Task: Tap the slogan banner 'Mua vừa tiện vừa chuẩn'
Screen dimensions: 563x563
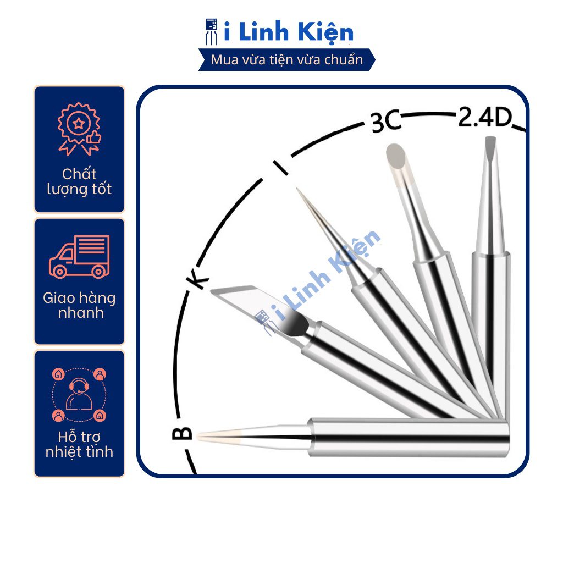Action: coord(287,59)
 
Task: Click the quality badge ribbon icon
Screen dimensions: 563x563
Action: coord(79,128)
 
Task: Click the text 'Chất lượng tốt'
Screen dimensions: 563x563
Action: coord(79,182)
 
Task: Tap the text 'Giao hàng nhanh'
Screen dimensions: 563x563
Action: coord(79,306)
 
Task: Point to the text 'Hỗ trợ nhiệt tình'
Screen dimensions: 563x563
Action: coord(79,445)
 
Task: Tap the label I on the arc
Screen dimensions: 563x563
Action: coord(281,167)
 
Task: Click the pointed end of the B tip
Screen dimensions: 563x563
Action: coord(200,437)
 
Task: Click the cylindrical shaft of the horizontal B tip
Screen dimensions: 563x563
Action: coord(410,438)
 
